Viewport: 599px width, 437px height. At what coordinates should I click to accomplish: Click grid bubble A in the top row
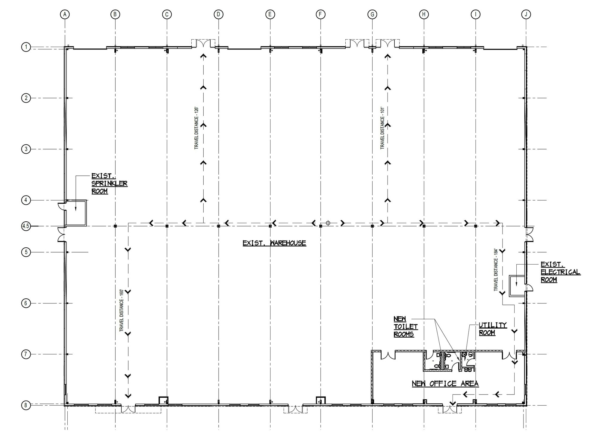point(65,14)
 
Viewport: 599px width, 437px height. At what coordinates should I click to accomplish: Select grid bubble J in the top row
point(526,14)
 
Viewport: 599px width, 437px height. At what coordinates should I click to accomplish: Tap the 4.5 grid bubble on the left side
point(26,226)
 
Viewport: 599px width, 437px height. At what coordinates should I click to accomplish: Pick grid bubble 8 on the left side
point(26,406)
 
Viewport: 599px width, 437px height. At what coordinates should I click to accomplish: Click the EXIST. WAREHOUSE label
point(274,243)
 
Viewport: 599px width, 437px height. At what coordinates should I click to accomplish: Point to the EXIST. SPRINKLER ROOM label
point(109,183)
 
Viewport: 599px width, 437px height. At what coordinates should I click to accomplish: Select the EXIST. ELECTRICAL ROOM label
point(560,272)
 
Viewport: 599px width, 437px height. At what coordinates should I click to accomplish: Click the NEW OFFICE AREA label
point(445,383)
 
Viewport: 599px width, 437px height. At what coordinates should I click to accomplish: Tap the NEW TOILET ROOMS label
point(406,326)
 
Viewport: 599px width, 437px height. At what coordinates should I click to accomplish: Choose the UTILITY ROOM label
point(492,329)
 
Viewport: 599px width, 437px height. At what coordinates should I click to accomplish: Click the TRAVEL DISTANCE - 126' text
point(196,128)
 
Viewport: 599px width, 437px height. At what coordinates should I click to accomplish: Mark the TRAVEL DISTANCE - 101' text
point(382,128)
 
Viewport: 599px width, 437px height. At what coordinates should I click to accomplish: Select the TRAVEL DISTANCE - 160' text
point(121,310)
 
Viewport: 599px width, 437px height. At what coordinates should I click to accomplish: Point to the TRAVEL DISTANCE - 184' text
point(496,270)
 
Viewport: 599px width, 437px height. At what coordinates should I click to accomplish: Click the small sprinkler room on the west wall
point(76,213)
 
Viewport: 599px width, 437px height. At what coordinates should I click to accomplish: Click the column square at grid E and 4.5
point(270,226)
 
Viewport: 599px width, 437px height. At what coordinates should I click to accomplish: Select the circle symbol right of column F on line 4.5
point(328,223)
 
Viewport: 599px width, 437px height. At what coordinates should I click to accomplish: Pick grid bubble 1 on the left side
point(26,47)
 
